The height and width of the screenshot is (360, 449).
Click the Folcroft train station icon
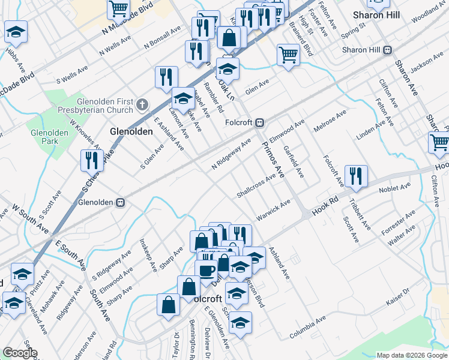tap(260, 122)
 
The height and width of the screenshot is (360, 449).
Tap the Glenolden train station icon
tap(120, 203)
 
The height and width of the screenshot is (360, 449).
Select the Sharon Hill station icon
tap(388, 50)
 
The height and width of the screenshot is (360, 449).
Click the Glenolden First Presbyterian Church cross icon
tap(142, 105)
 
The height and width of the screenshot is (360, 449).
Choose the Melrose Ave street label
tap(330, 121)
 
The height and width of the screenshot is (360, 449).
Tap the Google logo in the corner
tap(20, 353)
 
